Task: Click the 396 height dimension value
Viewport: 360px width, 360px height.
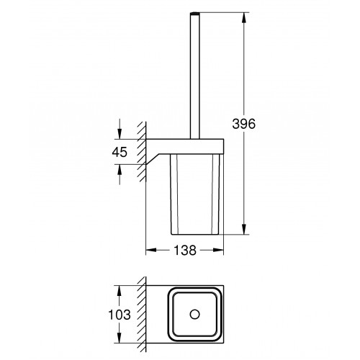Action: [x=243, y=124]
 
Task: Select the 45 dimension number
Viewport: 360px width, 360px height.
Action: [x=120, y=152]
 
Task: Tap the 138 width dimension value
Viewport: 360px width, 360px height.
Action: [x=185, y=250]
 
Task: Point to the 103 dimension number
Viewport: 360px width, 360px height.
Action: [x=120, y=315]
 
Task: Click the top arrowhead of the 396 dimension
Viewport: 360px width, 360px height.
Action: [x=244, y=17]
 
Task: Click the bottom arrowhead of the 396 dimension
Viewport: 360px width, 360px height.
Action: [x=244, y=229]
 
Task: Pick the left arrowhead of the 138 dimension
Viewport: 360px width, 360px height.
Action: [x=151, y=250]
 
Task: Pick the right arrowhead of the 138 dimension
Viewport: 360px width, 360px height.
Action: [x=218, y=250]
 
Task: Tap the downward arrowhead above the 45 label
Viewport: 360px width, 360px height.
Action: [x=120, y=134]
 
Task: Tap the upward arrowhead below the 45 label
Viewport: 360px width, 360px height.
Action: [x=120, y=170]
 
